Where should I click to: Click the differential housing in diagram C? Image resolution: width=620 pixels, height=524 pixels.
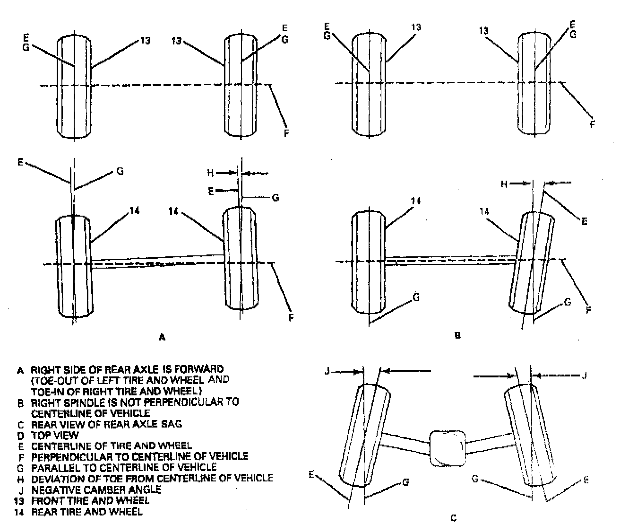click(x=448, y=448)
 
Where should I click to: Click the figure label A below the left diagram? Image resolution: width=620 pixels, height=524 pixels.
click(x=162, y=337)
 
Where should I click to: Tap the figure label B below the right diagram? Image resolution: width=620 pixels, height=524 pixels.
click(x=457, y=336)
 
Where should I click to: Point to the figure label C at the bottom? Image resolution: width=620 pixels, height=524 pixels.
click(x=454, y=518)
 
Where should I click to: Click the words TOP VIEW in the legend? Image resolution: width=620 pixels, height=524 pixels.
click(x=55, y=435)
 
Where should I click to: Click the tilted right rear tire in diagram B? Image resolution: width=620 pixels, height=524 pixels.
click(x=533, y=262)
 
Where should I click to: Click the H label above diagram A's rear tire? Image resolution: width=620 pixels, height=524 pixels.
click(x=210, y=173)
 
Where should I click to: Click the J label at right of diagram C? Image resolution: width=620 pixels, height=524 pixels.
click(x=585, y=376)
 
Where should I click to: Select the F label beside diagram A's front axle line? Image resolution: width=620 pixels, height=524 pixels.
click(x=286, y=133)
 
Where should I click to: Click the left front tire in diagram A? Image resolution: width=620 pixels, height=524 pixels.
click(x=74, y=86)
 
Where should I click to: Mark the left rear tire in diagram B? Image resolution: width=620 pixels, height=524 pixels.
click(x=369, y=262)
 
